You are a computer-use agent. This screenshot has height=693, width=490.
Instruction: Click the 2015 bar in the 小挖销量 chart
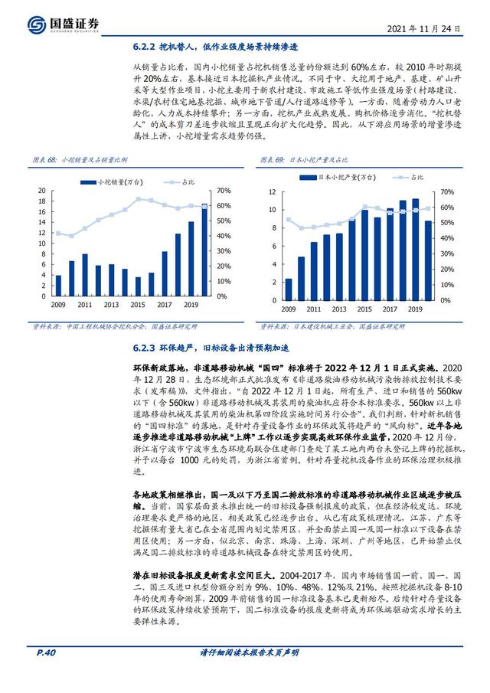click(138, 286)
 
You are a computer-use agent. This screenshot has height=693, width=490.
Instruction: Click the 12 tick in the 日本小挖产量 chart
click(271, 191)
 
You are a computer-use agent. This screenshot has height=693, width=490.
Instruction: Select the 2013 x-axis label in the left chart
click(111, 305)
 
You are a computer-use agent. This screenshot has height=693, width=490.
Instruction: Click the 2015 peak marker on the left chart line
click(138, 198)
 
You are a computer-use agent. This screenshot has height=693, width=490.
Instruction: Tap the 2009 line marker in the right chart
click(288, 220)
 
